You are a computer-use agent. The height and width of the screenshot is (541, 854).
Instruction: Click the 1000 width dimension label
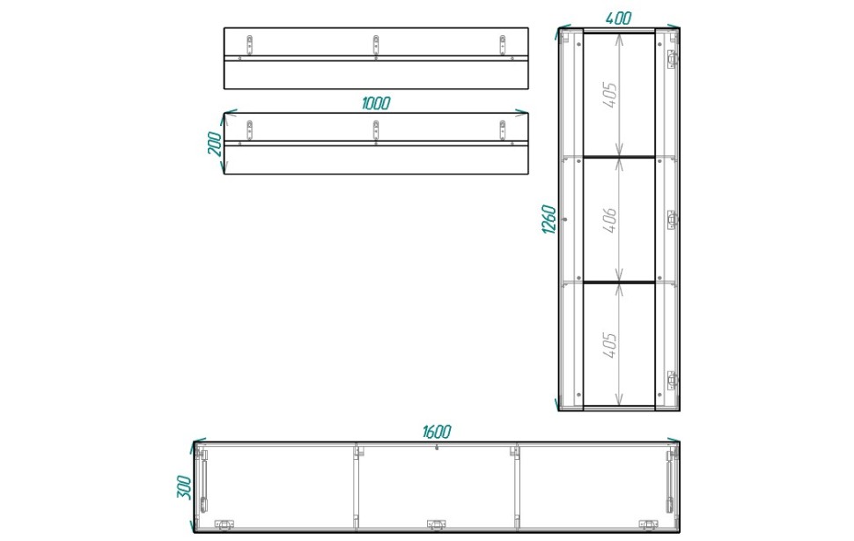[376, 103]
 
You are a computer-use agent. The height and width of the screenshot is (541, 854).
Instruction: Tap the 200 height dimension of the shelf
[216, 144]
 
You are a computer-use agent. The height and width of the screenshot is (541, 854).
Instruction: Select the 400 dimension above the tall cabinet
[618, 18]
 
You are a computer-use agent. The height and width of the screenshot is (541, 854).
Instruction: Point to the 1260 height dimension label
[549, 219]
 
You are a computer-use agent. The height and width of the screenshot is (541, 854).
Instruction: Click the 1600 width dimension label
[437, 432]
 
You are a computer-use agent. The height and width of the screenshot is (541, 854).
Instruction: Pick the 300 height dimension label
[185, 487]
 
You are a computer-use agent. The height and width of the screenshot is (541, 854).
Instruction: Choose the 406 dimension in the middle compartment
[610, 219]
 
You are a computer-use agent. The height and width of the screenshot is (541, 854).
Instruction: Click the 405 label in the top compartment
[610, 95]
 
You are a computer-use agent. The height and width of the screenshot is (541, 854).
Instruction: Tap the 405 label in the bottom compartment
[610, 345]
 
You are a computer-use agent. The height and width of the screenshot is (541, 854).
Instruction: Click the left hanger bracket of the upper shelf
[249, 45]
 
